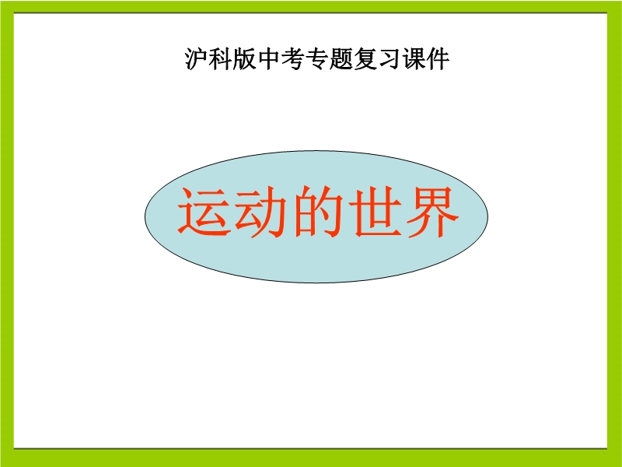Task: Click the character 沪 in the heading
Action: point(197,59)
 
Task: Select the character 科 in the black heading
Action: point(221,59)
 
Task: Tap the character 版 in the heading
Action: point(245,59)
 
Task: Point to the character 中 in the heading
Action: point(269,59)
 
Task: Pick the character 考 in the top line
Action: point(293,59)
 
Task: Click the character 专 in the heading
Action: point(317,59)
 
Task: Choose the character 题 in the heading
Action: point(341,59)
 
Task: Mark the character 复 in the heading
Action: point(365,59)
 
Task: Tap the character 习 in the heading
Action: point(390,59)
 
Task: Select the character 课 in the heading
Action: point(414,59)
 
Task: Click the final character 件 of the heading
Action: point(438,59)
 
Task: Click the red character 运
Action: point(204,212)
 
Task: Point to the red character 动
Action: point(261,212)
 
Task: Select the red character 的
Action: point(318,212)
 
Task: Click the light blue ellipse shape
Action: point(316,262)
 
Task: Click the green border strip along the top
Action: point(311,6)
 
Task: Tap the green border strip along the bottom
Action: point(311,458)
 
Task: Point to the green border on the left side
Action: point(7,233)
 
